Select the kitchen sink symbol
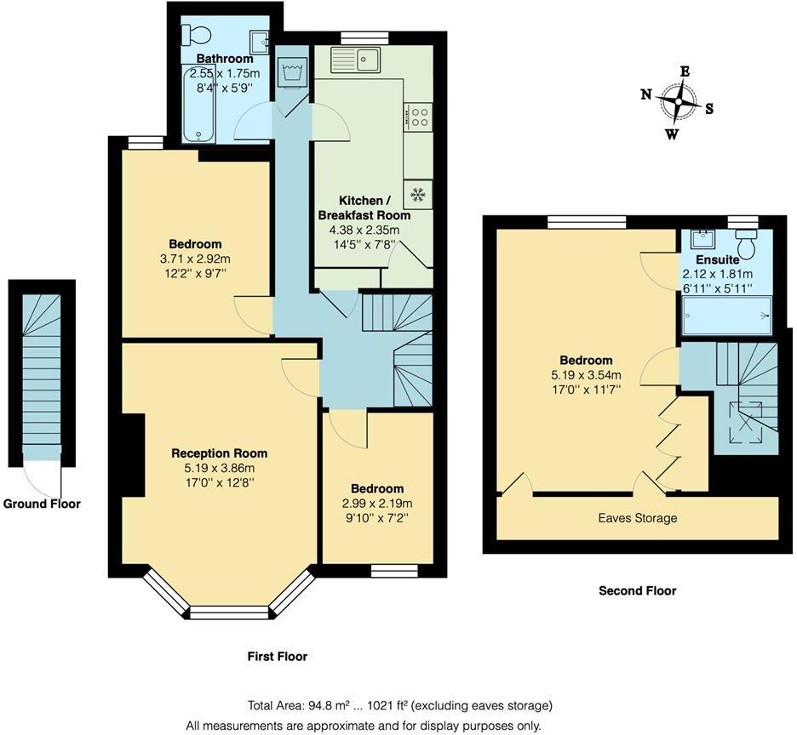coord(369,60)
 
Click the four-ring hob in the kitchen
coord(421,116)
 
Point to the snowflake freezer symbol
coord(418,195)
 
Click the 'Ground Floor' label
coord(42,504)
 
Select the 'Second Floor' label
coord(637,590)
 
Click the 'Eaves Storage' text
coord(637,518)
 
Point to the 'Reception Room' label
coord(220,453)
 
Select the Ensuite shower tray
coord(726,315)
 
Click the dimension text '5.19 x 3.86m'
coord(220,467)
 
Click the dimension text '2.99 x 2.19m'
coord(376,503)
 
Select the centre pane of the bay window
coord(229,611)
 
